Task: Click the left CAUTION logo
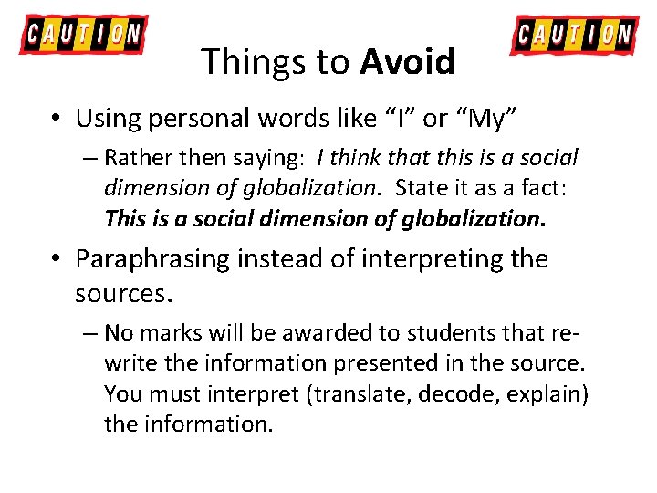[x=83, y=35]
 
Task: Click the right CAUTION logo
[x=573, y=35]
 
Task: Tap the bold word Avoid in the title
[x=407, y=62]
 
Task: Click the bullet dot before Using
[x=57, y=119]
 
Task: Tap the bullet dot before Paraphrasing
[x=57, y=260]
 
